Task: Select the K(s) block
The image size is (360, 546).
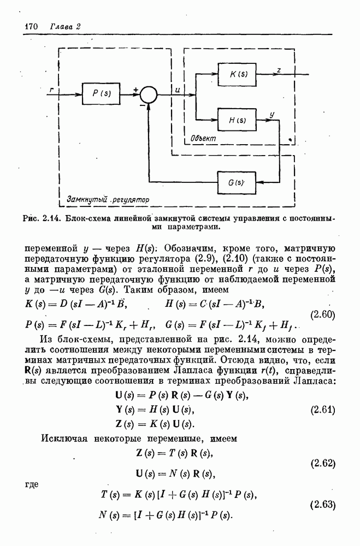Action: [x=236, y=74]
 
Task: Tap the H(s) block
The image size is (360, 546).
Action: [x=236, y=120]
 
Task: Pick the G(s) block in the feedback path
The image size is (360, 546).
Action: [x=236, y=181]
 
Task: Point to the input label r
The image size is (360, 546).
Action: [x=51, y=88]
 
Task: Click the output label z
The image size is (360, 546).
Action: [x=279, y=69]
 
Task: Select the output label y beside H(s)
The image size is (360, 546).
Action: [x=272, y=114]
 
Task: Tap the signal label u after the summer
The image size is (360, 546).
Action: [x=178, y=88]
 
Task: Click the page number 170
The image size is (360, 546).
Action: [x=33, y=26]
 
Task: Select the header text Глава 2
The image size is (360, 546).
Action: [x=65, y=26]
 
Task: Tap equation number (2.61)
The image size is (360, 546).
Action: [x=323, y=410]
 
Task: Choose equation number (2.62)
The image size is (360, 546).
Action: [x=323, y=464]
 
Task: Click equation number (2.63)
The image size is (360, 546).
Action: [x=323, y=504]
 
